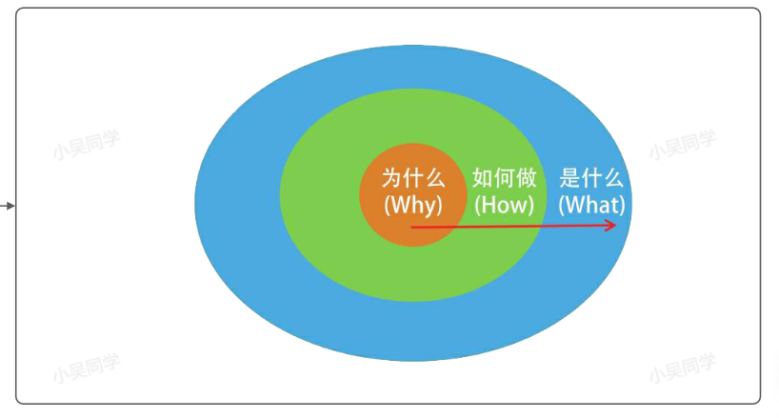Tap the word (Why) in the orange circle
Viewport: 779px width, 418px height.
point(412,204)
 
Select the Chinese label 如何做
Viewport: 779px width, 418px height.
point(504,178)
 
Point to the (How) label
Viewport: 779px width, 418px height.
point(504,204)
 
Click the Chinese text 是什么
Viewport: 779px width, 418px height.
point(591,178)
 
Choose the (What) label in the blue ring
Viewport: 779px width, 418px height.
point(591,204)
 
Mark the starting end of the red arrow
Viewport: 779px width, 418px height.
point(412,228)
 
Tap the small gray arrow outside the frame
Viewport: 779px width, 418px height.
point(8,205)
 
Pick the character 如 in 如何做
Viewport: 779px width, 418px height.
point(483,178)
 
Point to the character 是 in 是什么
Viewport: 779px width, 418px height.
point(569,178)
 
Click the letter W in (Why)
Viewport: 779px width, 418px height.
point(398,204)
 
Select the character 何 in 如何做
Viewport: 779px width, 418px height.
point(504,178)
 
